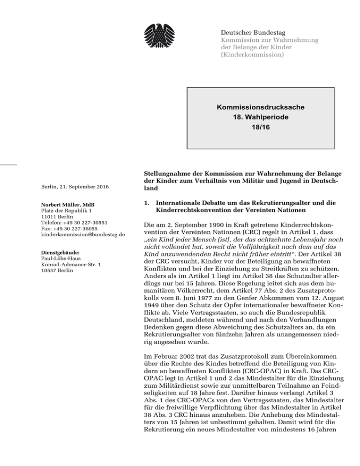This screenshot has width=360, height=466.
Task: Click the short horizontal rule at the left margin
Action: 8,164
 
